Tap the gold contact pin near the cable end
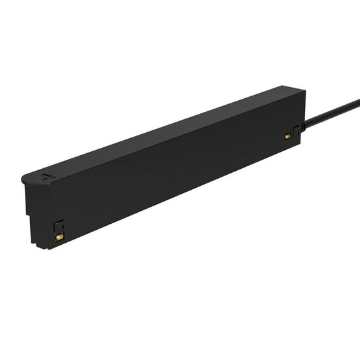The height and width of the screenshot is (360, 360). coord(287,136)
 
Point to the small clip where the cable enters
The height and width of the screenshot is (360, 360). coord(298,130)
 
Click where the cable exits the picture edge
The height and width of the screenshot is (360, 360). coord(358,101)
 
